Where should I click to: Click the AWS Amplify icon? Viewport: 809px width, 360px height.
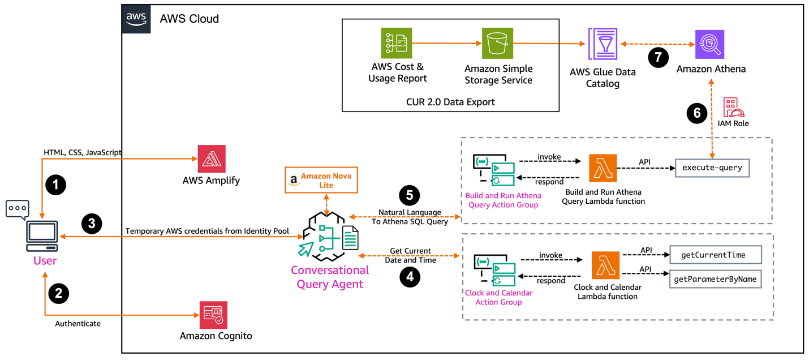(x=212, y=159)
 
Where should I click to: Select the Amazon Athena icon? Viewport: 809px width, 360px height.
(x=710, y=44)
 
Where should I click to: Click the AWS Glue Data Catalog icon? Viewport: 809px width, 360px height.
(x=603, y=44)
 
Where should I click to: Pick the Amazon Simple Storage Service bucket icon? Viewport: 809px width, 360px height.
(x=497, y=44)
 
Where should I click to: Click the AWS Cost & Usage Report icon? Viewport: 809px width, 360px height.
(x=397, y=44)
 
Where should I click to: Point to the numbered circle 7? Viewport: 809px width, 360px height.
(x=658, y=58)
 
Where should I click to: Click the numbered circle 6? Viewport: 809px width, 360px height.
(x=697, y=113)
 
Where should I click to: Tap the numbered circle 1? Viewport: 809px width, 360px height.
(x=55, y=185)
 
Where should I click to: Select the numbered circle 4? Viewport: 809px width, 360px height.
(x=410, y=277)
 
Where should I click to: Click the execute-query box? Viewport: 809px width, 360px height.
(x=712, y=168)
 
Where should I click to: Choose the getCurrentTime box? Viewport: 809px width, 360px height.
(x=716, y=255)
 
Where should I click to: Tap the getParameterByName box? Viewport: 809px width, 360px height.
(x=716, y=279)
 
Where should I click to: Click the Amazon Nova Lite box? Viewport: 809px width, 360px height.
(x=321, y=181)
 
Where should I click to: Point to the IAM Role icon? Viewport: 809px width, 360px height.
(x=733, y=108)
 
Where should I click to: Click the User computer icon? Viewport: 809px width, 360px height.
(x=42, y=235)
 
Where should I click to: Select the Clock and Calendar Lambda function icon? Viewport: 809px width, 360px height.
(x=605, y=265)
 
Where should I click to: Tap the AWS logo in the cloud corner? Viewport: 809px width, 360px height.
(x=136, y=19)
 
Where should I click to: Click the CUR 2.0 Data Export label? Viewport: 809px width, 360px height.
(x=450, y=102)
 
